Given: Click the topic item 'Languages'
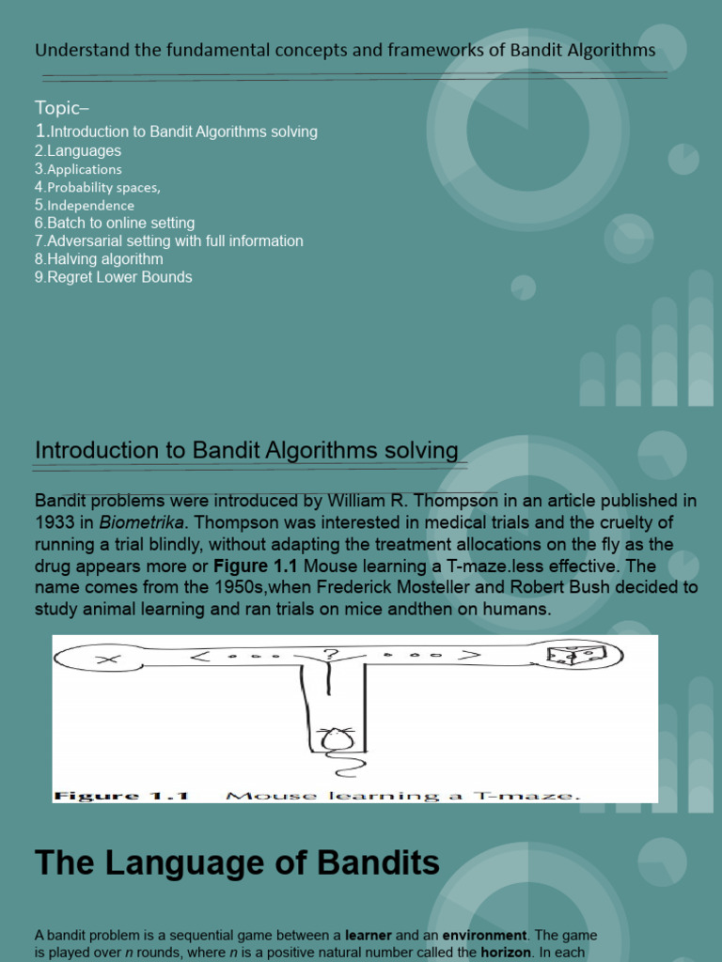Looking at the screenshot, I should tap(84, 150).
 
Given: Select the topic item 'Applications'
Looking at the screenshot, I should tap(84, 169).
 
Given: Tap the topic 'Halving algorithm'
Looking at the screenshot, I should tap(104, 258).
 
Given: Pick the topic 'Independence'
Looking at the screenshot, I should tap(90, 205).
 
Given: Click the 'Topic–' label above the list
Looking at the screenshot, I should tap(62, 106).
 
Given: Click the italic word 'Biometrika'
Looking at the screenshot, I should tap(135, 522).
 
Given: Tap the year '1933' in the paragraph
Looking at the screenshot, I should tap(54, 522).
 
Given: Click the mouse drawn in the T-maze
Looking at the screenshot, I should tap(337, 739).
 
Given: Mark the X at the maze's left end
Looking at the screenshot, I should tap(108, 659).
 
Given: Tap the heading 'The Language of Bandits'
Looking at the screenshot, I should tap(237, 862).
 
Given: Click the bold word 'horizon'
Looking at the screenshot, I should tap(508, 952).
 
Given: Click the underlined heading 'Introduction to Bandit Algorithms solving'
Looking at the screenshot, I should tap(246, 451).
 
